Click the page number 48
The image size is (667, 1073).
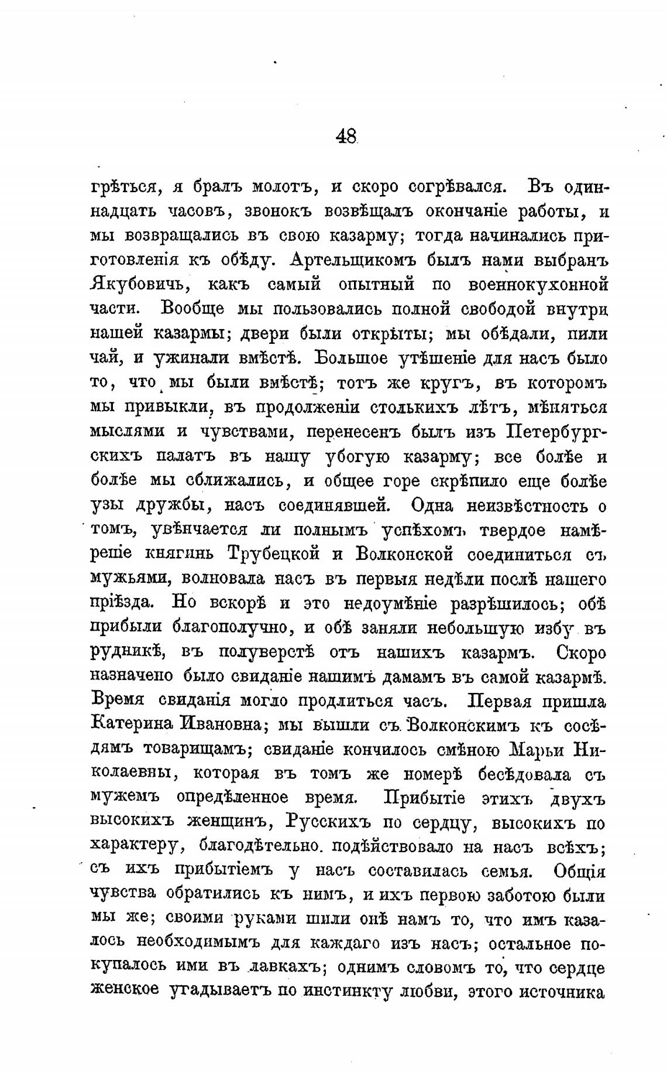346,137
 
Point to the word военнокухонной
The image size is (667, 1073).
539,285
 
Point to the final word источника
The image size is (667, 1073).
562,992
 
